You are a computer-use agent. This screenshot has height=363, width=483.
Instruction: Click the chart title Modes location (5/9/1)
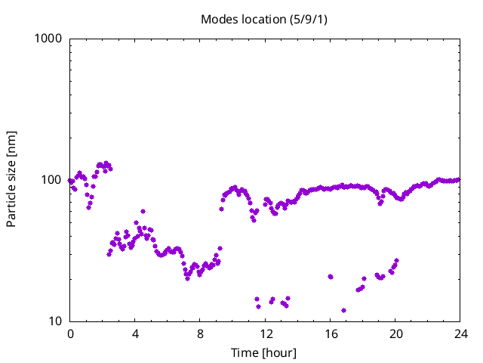264,19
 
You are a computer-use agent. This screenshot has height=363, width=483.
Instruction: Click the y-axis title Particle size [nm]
11,179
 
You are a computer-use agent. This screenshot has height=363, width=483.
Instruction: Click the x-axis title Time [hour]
264,353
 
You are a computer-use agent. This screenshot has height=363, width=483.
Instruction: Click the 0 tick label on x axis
70,334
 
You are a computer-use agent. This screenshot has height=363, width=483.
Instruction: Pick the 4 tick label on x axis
135,334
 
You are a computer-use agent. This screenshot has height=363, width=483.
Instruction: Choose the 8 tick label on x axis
200,334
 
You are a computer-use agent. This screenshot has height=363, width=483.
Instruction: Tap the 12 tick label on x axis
265,334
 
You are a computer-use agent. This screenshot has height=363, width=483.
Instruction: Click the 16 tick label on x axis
330,334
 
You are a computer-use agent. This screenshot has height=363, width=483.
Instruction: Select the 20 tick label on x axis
395,334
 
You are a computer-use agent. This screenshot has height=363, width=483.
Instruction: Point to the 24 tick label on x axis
460,334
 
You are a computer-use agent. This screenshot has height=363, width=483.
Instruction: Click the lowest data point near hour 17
343,310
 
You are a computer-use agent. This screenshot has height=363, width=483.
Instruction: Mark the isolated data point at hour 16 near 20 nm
331,277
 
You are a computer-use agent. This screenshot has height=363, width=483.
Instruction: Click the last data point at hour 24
459,179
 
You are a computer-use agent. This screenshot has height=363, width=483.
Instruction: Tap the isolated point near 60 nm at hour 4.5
143,212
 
